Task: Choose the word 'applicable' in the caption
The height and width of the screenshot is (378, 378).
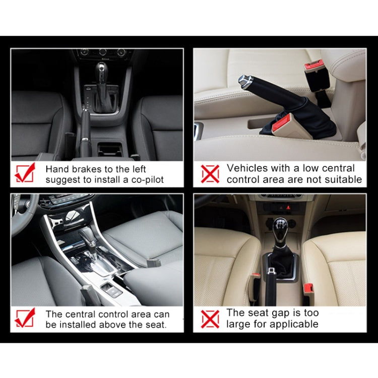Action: point(293,324)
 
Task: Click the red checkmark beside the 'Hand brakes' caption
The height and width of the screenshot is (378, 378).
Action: point(25,172)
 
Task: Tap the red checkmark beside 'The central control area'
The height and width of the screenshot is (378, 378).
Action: point(25,318)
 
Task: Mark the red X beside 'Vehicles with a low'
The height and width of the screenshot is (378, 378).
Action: point(210,174)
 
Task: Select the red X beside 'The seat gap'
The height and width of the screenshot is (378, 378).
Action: point(210,319)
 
